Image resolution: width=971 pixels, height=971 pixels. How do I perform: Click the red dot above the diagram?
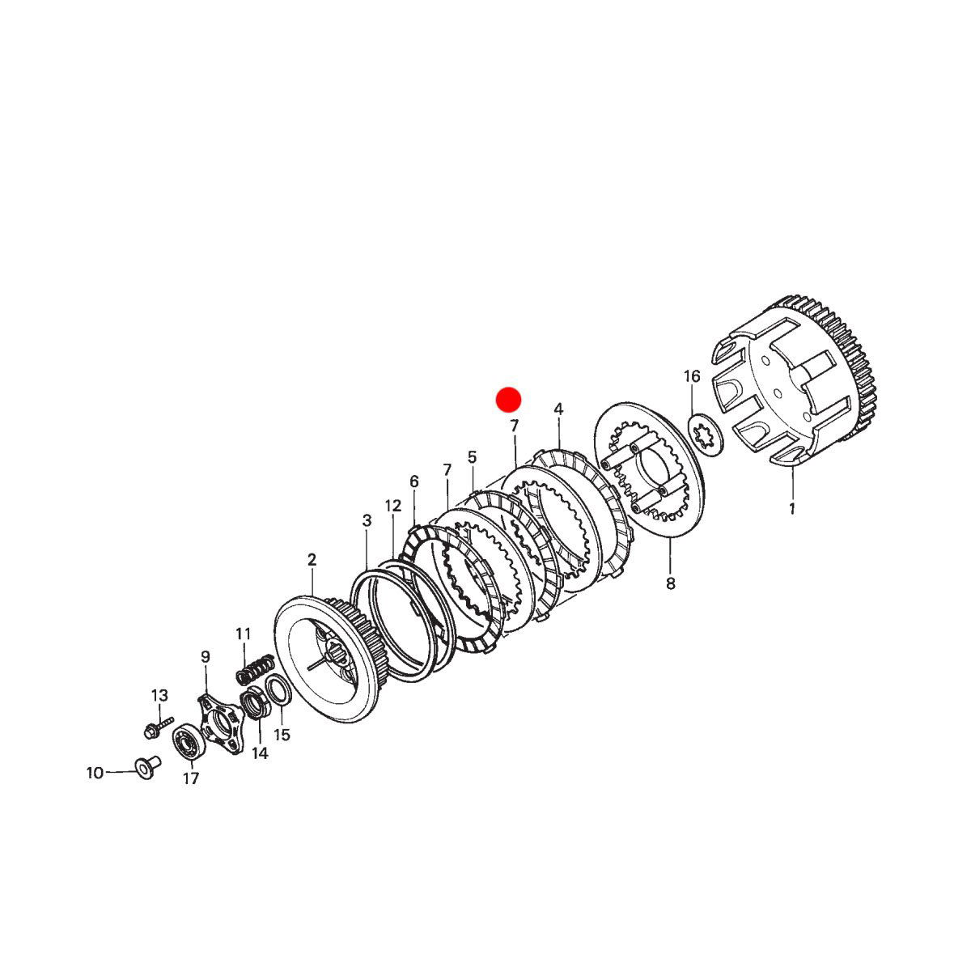click(x=508, y=400)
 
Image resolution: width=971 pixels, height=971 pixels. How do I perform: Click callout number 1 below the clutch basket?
click(x=791, y=508)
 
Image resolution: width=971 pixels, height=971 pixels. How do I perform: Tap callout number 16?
click(x=692, y=376)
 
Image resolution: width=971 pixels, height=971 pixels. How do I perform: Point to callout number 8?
click(x=670, y=584)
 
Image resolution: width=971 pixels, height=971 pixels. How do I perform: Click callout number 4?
click(x=558, y=409)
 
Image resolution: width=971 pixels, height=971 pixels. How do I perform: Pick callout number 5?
click(x=472, y=457)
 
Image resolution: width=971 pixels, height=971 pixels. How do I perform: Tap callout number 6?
click(x=413, y=481)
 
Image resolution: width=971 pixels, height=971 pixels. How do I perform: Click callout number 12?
click(x=393, y=506)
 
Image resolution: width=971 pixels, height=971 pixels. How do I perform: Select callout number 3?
click(x=367, y=520)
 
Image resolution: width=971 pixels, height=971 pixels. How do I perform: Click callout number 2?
click(x=312, y=559)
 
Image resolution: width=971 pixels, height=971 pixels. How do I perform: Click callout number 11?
click(x=244, y=634)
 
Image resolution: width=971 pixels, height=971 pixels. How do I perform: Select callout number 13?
click(x=159, y=696)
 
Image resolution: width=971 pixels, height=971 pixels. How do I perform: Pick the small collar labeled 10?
click(x=146, y=767)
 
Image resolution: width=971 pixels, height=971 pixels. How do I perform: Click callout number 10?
click(x=95, y=773)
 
